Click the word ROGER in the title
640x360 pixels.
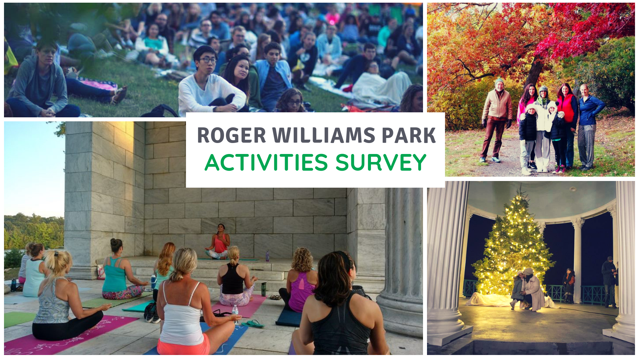click(231, 135)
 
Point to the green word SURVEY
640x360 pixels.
click(381, 163)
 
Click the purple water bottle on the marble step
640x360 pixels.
click(267, 256)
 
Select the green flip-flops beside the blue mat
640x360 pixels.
click(253, 323)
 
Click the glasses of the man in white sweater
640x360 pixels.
click(208, 60)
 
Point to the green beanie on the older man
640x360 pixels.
click(499, 81)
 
